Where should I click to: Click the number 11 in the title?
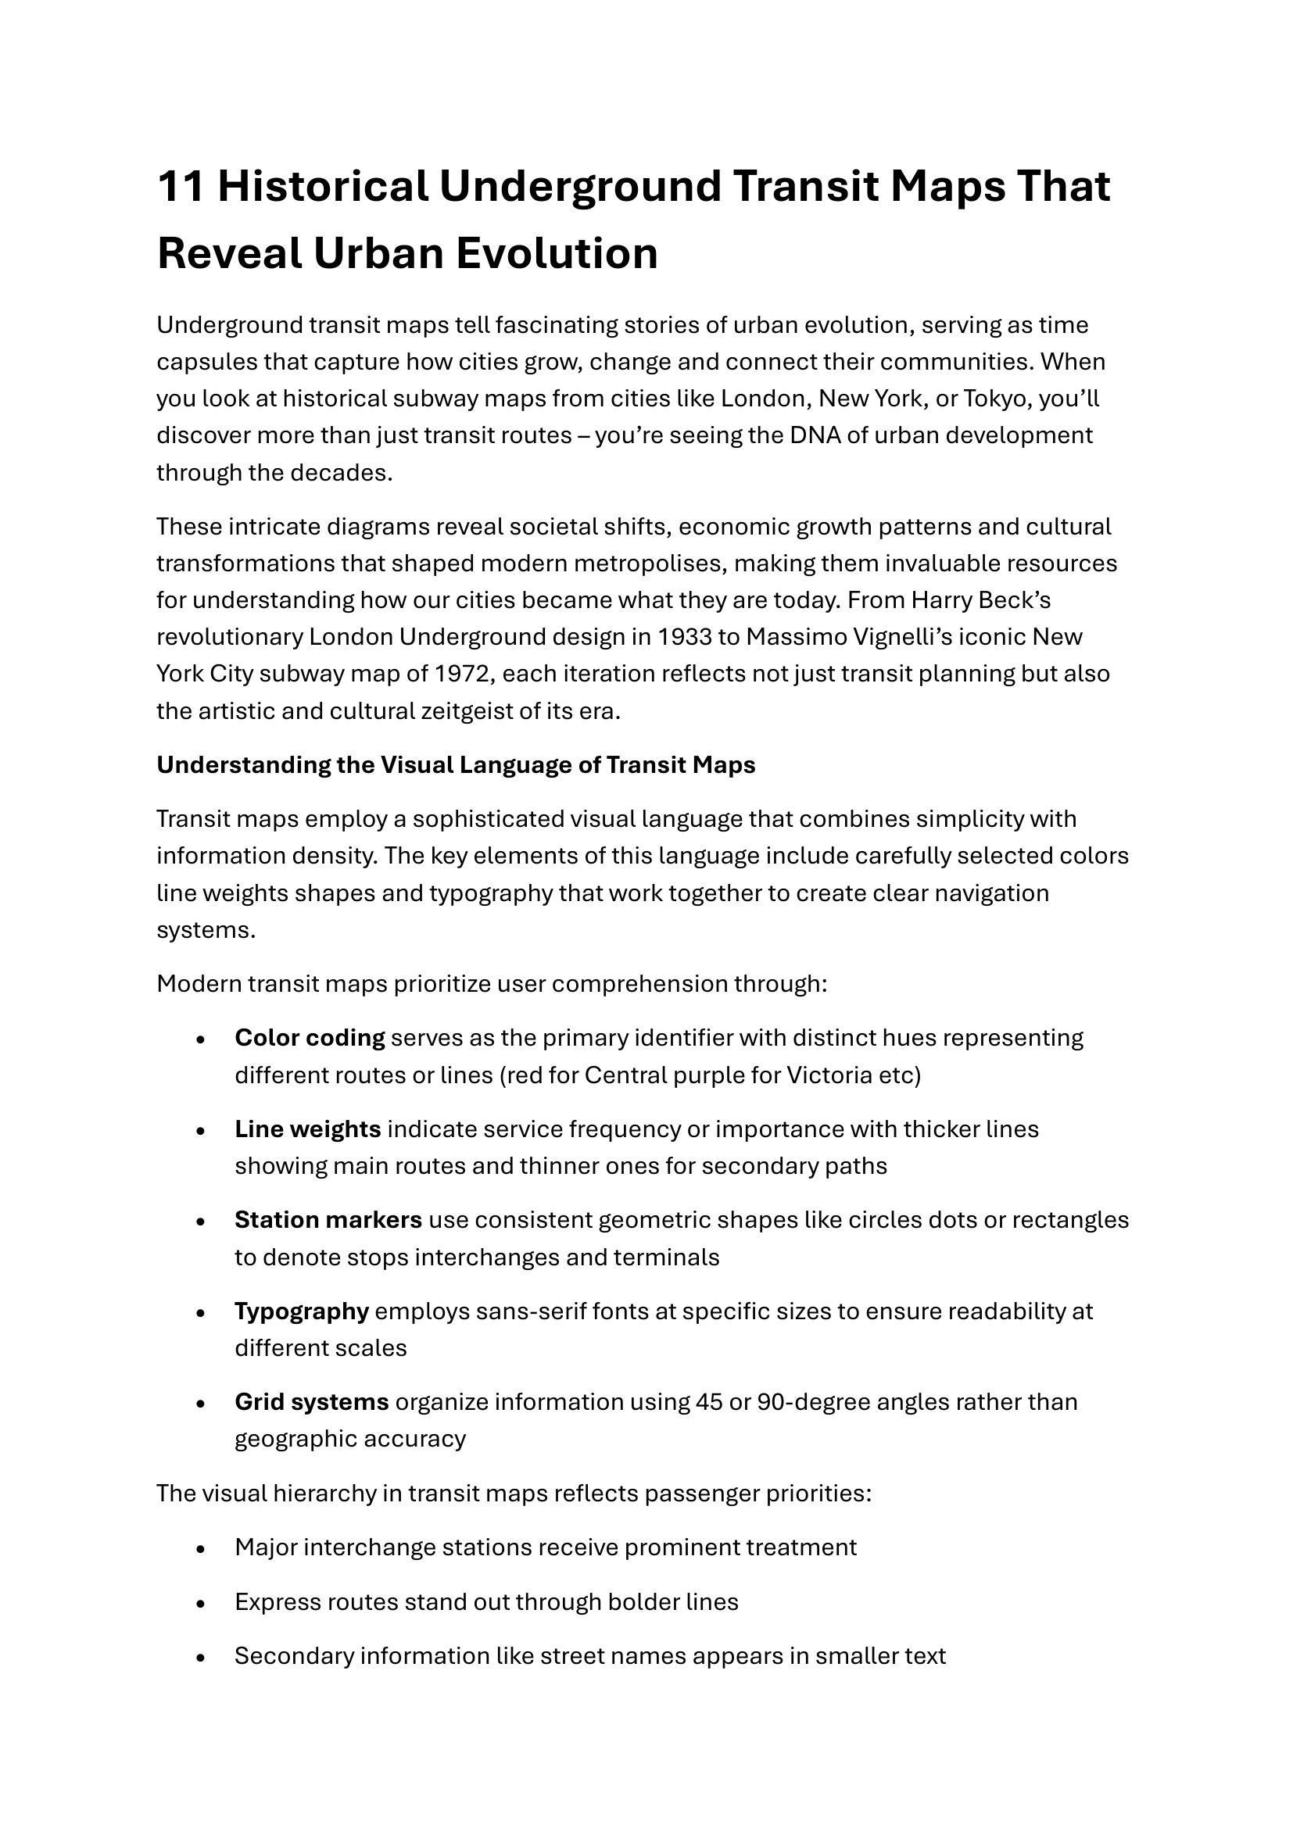point(181,187)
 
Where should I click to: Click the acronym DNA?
point(815,435)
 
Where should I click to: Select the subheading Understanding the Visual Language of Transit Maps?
point(456,764)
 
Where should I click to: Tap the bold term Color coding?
point(310,1038)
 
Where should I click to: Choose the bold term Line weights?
point(307,1129)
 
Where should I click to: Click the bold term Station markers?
point(328,1220)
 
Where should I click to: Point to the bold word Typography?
point(302,1311)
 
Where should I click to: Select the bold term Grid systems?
point(311,1401)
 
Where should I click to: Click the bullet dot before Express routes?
point(201,1604)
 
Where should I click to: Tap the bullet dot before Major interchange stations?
point(201,1549)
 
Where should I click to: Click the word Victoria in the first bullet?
point(829,1075)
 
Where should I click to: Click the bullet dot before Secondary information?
point(201,1658)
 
